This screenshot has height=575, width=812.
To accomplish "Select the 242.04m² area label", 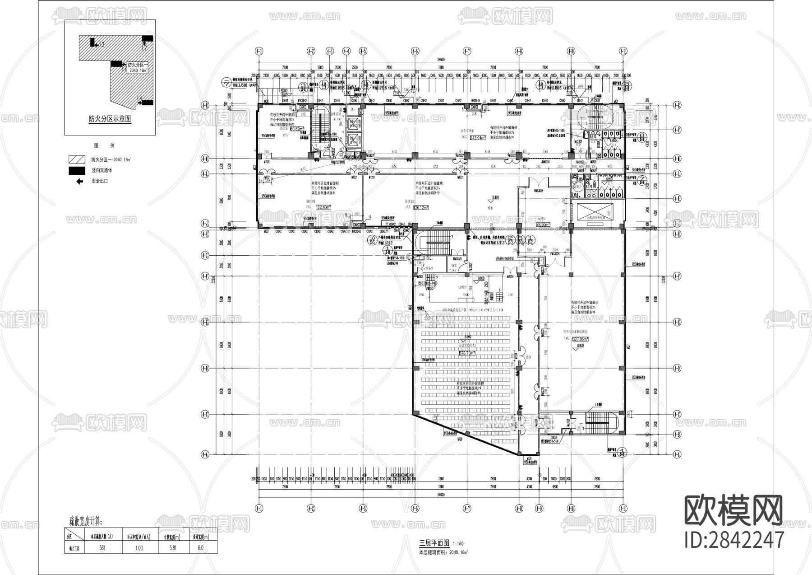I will pos(478,137).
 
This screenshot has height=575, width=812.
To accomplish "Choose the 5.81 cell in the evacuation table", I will pos(170,547).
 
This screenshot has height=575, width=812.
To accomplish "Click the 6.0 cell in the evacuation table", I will pos(200,547).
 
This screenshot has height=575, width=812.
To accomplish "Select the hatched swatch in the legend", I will pos(76,159).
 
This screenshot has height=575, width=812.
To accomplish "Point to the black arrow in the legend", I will pos(80,181).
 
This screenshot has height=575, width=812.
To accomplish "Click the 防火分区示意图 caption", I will pos(110,119).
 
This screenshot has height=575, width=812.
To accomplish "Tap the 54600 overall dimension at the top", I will pos(440,59).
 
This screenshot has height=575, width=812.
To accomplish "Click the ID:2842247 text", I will pos(734,539).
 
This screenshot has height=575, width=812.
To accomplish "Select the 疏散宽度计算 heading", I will pos(85,522).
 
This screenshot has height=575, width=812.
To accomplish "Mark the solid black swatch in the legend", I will pos(76,170).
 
